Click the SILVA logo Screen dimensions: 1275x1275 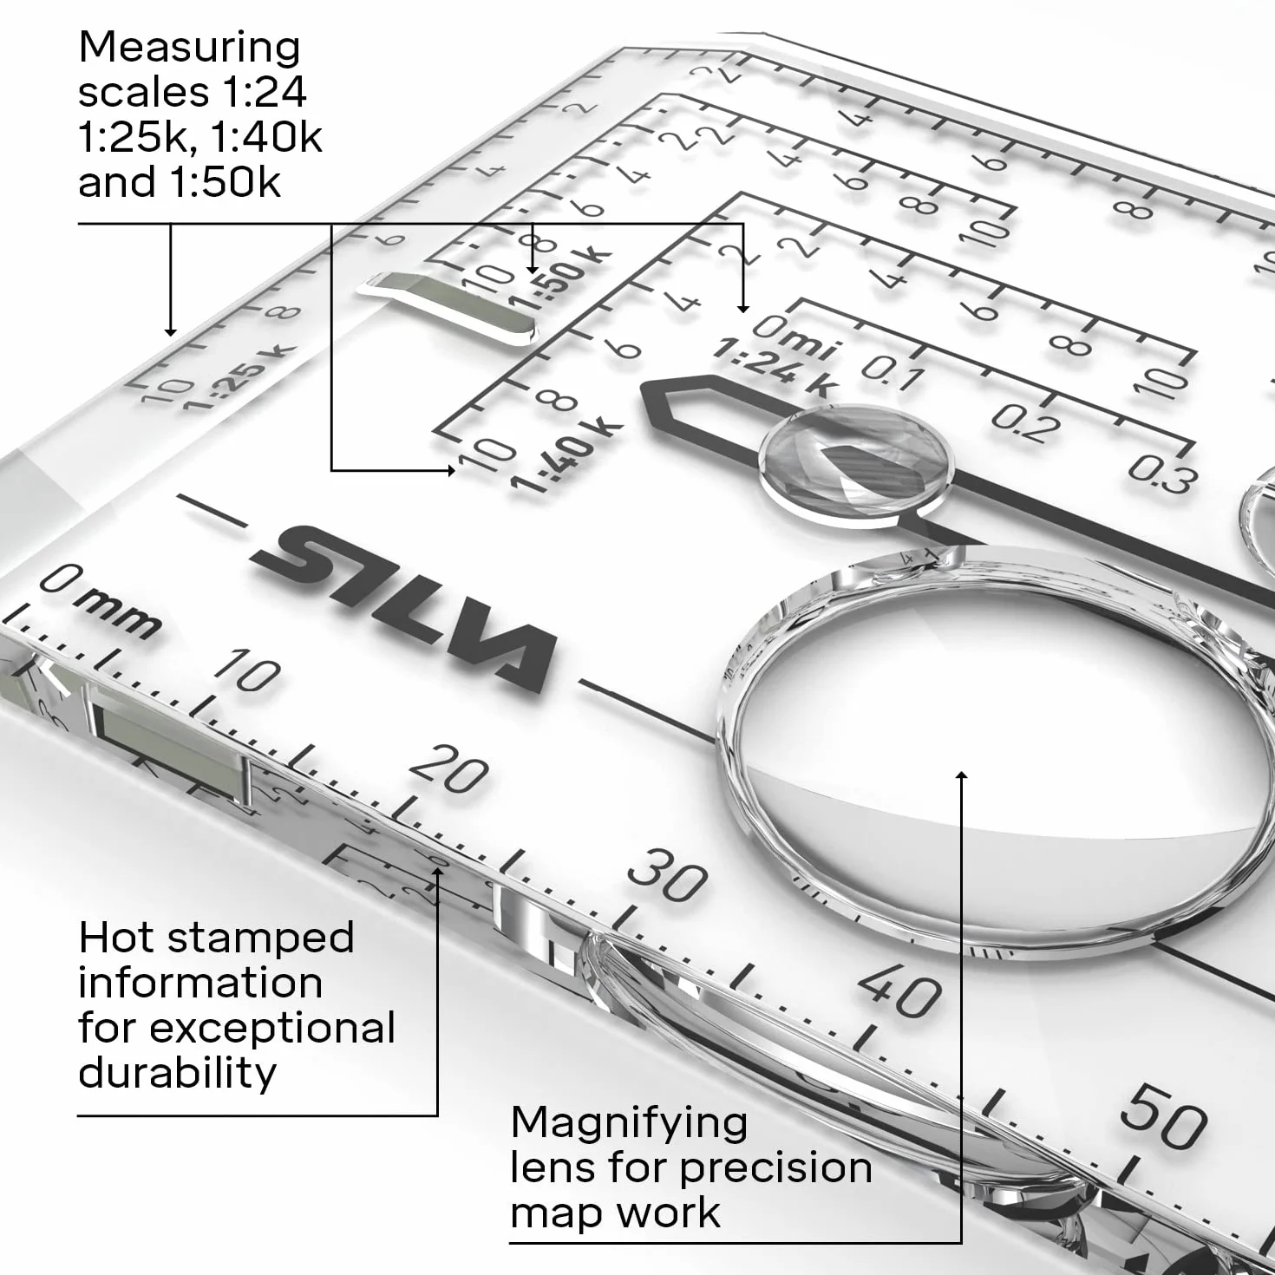click(402, 608)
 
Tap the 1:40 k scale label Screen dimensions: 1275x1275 click(566, 456)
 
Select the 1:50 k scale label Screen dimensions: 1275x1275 click(561, 278)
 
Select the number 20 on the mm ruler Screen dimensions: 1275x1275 click(449, 768)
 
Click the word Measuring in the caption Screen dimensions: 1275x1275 click(189, 48)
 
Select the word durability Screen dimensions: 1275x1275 click(177, 1073)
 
